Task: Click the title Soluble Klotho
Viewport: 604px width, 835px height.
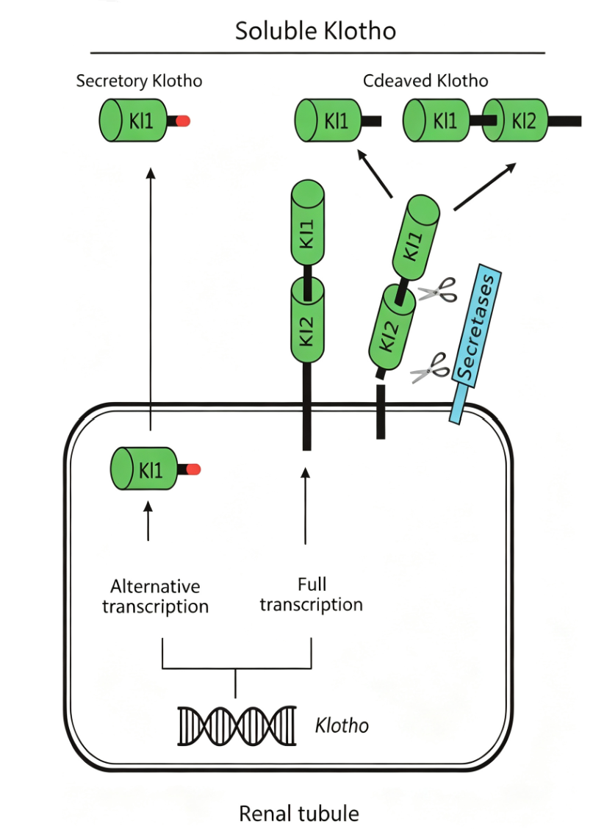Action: [x=315, y=31]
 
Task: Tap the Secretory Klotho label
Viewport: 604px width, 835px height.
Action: [x=139, y=81]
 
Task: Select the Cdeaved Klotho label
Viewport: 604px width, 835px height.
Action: [x=425, y=81]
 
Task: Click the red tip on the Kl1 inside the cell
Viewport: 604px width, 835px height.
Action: [x=193, y=469]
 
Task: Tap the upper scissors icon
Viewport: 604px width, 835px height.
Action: [x=438, y=290]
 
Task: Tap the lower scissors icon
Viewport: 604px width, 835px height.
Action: [x=430, y=368]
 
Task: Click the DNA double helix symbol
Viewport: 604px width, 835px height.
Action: [x=237, y=725]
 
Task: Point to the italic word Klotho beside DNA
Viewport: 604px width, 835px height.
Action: [x=342, y=725]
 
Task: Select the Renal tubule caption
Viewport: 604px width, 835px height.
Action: [x=299, y=814]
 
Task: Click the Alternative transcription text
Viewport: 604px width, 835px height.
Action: [x=155, y=596]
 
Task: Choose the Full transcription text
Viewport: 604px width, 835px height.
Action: [x=312, y=595]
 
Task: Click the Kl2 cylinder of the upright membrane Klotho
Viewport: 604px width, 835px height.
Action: [x=308, y=322]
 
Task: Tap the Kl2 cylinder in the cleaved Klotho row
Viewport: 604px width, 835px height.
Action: [x=515, y=121]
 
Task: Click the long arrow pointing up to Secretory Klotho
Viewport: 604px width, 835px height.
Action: [x=151, y=299]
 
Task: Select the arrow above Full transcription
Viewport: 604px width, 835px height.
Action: [x=305, y=506]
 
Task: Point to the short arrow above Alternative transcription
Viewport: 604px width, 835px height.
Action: [x=148, y=521]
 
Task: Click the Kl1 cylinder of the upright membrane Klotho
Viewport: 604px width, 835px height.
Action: [x=308, y=223]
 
